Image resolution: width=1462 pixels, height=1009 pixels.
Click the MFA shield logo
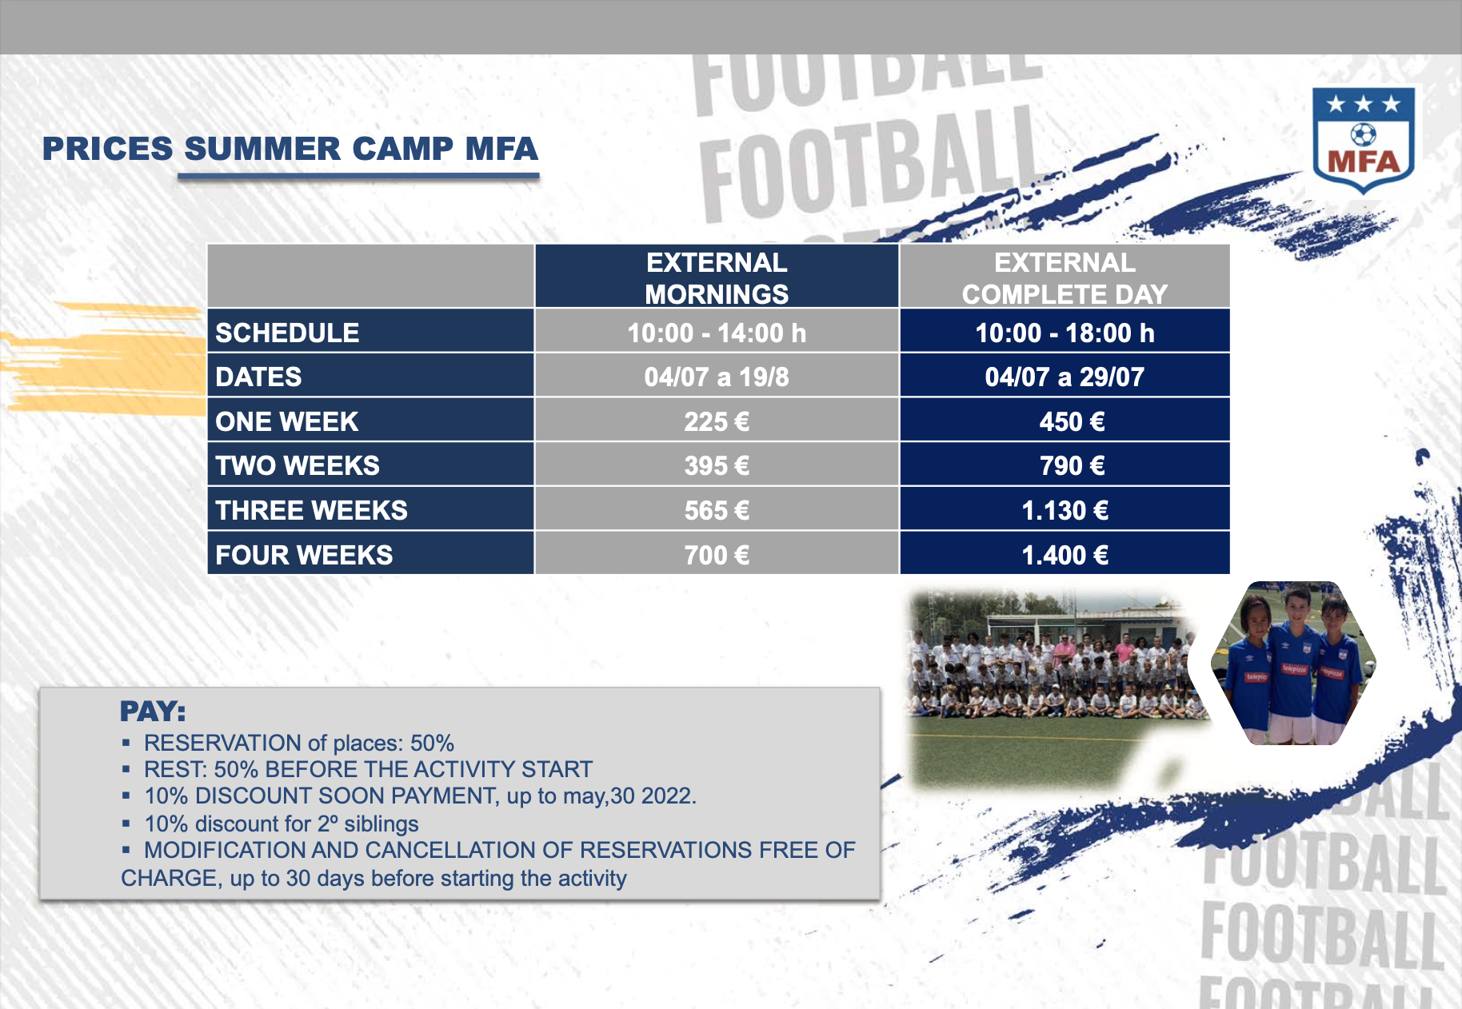(1364, 141)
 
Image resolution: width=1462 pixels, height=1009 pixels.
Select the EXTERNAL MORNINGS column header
(717, 277)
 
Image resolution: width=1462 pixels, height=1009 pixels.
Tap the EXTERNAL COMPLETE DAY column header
(1065, 277)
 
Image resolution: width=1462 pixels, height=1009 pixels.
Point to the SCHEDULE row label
(287, 333)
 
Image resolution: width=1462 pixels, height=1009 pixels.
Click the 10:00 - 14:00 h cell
(717, 333)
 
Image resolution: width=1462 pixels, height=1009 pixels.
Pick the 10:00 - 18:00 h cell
(1065, 333)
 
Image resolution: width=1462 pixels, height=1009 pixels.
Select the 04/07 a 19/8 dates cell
(717, 377)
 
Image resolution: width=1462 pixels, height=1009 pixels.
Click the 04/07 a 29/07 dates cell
(1065, 377)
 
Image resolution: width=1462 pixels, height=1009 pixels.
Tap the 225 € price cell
(717, 421)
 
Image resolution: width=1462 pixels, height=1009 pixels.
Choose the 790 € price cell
(1065, 465)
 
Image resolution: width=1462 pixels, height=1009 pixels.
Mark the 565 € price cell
(717, 510)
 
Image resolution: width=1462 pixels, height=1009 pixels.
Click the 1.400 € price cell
(1065, 555)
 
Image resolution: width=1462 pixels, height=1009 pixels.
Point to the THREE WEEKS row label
(311, 510)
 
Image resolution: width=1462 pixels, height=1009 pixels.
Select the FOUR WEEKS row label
(304, 555)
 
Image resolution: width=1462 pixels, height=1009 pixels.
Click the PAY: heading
(153, 711)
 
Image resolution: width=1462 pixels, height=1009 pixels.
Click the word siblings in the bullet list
(381, 824)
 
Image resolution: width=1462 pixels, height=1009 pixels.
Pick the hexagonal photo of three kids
(1294, 663)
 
